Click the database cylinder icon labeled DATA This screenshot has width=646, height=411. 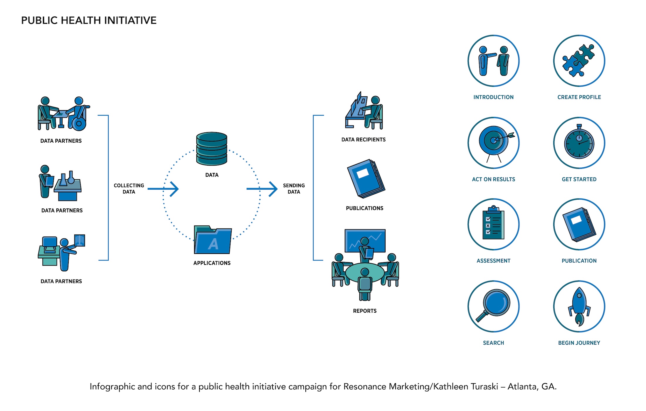tap(212, 149)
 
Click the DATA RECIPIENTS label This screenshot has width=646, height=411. tap(363, 140)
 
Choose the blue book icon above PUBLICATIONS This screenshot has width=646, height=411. tap(366, 178)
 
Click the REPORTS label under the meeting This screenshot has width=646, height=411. tap(365, 311)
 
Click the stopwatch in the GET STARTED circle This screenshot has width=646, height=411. tap(579, 143)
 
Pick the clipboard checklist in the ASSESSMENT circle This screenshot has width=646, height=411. tap(493, 224)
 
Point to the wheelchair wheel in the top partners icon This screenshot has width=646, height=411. tap(79, 124)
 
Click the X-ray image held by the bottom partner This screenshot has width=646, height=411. tap(80, 240)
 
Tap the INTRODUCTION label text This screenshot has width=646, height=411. tap(493, 97)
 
